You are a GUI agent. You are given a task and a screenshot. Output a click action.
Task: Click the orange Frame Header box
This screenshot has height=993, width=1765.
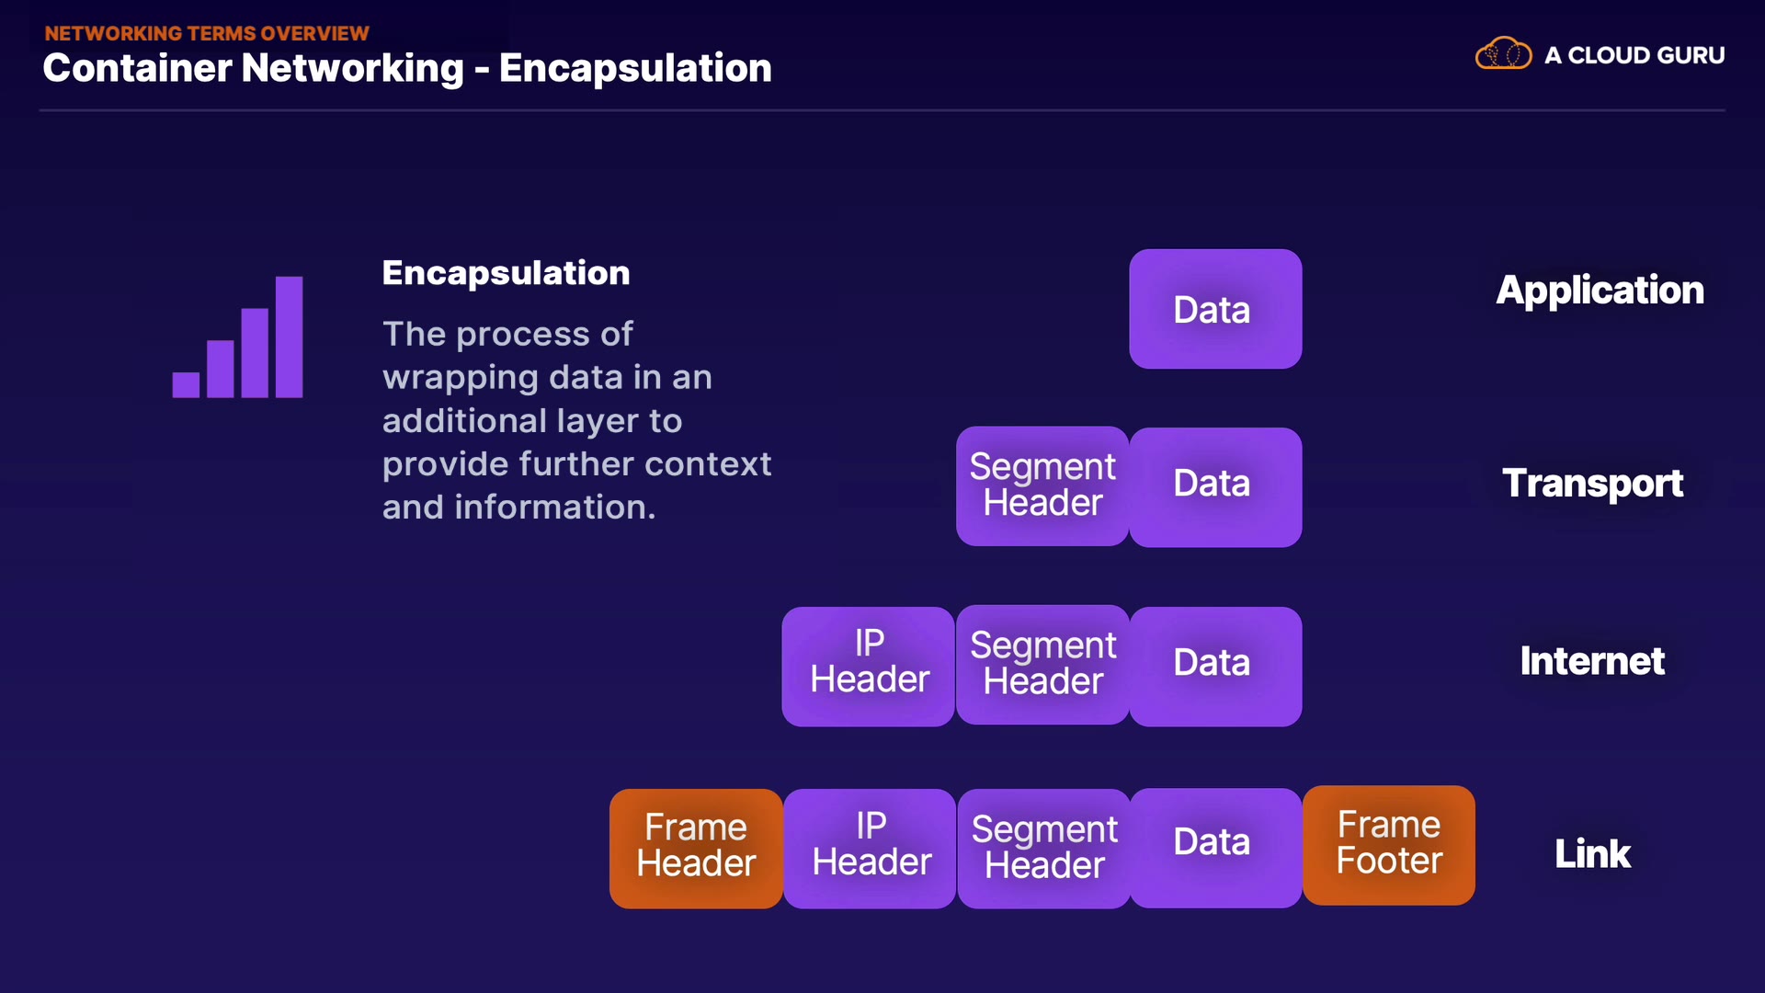[696, 849]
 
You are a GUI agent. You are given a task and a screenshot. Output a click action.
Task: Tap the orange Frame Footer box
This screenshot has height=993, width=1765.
[1389, 845]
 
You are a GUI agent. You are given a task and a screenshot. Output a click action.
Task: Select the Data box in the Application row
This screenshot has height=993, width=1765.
[1215, 309]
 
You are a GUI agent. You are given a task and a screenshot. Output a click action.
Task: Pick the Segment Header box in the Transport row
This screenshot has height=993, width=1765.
[1042, 486]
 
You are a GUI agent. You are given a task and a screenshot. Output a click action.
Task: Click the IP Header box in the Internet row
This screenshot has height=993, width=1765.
[869, 667]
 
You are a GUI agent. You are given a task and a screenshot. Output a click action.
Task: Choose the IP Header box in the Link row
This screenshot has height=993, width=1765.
[870, 849]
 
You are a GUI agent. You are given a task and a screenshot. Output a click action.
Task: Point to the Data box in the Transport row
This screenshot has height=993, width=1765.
[1215, 487]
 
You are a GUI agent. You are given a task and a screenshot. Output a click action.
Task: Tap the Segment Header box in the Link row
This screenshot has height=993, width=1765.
[1044, 849]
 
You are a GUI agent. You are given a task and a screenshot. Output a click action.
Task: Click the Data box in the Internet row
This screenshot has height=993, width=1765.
[1215, 667]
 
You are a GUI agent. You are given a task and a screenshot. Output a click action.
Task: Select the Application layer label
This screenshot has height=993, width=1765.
[1600, 291]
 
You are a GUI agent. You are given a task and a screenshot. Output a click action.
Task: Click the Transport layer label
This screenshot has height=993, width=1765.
[1592, 484]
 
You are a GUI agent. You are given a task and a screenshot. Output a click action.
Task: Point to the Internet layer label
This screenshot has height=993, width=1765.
[1592, 661]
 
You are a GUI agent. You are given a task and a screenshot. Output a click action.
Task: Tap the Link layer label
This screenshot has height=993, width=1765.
[1592, 854]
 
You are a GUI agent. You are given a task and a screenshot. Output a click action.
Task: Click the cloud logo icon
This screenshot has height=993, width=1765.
[1504, 53]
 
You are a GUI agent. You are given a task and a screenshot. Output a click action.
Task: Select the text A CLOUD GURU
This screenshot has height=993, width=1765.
[1634, 55]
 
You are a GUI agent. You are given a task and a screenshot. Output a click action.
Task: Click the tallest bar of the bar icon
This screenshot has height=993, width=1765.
[289, 337]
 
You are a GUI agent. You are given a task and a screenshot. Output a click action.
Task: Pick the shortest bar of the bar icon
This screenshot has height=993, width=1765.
[186, 384]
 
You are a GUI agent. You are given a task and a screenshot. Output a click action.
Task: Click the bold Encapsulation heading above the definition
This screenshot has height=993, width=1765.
[506, 273]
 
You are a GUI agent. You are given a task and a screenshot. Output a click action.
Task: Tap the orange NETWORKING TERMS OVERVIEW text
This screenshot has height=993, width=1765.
[207, 33]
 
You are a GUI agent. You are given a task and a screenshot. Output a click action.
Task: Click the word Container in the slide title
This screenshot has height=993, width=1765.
[137, 68]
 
